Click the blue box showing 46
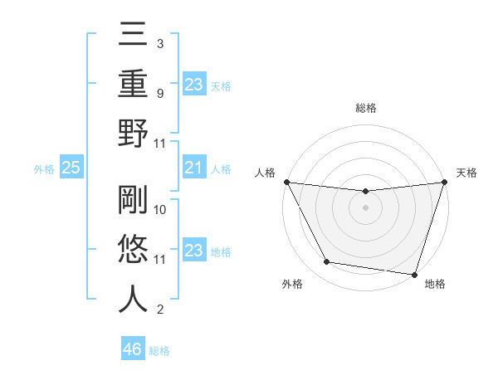tap(133, 349)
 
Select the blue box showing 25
tap(71, 168)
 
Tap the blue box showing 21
tap(193, 168)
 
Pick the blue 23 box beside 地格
tap(193, 251)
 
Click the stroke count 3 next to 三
tap(159, 43)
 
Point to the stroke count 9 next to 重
tap(159, 93)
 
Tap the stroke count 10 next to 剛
tap(161, 210)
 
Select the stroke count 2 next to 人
tap(159, 310)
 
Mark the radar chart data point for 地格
tap(413, 274)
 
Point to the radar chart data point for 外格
tap(327, 262)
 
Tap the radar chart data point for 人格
tap(286, 182)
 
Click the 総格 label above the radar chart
tap(365, 108)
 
